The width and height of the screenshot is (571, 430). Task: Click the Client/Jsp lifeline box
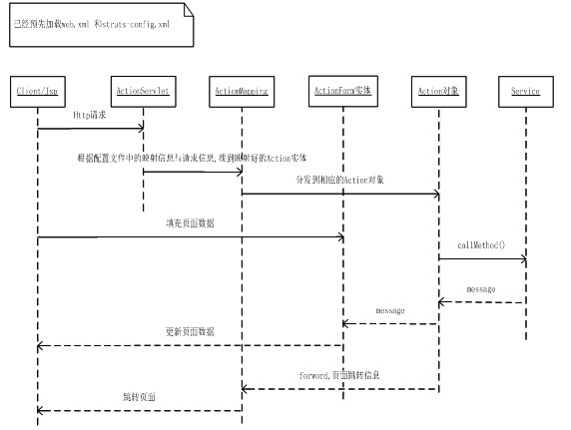(x=38, y=91)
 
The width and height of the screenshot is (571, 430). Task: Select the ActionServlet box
(x=143, y=91)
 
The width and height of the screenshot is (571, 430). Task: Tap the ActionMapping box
(x=242, y=91)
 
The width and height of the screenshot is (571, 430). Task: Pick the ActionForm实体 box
(x=341, y=91)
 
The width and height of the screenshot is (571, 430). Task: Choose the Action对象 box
(x=438, y=91)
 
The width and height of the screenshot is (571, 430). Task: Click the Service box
(x=525, y=91)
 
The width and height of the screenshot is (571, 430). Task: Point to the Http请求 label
(x=89, y=116)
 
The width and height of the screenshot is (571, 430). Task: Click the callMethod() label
(x=482, y=244)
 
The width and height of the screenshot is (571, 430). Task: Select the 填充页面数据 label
(x=190, y=224)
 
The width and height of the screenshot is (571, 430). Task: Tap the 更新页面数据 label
(x=190, y=331)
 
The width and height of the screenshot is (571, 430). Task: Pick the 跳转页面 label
(x=139, y=397)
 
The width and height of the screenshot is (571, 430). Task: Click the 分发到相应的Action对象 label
(x=339, y=180)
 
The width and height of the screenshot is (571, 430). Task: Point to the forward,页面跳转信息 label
(x=339, y=375)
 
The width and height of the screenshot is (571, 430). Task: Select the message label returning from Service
(x=481, y=289)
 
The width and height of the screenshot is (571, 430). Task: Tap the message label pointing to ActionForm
(x=389, y=311)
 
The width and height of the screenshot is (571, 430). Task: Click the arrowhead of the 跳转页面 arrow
(x=42, y=410)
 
